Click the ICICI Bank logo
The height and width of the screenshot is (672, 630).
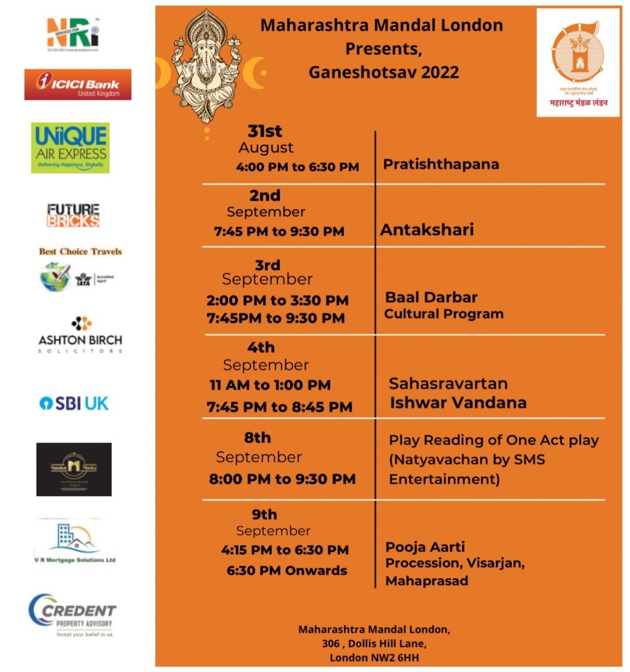tap(78, 84)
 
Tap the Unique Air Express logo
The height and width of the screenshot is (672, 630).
tap(71, 148)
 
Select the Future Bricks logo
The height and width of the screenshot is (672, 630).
tap(73, 215)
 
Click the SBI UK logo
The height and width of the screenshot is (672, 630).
tap(74, 403)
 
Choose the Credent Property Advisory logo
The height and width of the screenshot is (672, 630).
tap(72, 615)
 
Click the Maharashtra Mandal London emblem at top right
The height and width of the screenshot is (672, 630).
tap(578, 62)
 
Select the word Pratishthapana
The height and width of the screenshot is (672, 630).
tap(441, 164)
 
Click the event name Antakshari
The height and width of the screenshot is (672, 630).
tap(427, 230)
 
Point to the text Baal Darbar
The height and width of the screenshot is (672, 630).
tap(431, 297)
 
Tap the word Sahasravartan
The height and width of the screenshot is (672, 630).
tap(448, 384)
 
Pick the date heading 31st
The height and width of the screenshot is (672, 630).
tap(265, 131)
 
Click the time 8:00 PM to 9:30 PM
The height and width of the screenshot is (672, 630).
tap(282, 479)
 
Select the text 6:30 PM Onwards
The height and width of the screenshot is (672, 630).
tap(287, 570)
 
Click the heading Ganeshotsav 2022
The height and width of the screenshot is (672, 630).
tap(384, 72)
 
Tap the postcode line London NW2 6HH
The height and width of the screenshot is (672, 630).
tap(374, 657)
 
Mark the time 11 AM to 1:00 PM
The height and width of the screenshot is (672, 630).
tap(270, 385)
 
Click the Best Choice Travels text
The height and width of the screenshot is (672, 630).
tap(81, 252)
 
